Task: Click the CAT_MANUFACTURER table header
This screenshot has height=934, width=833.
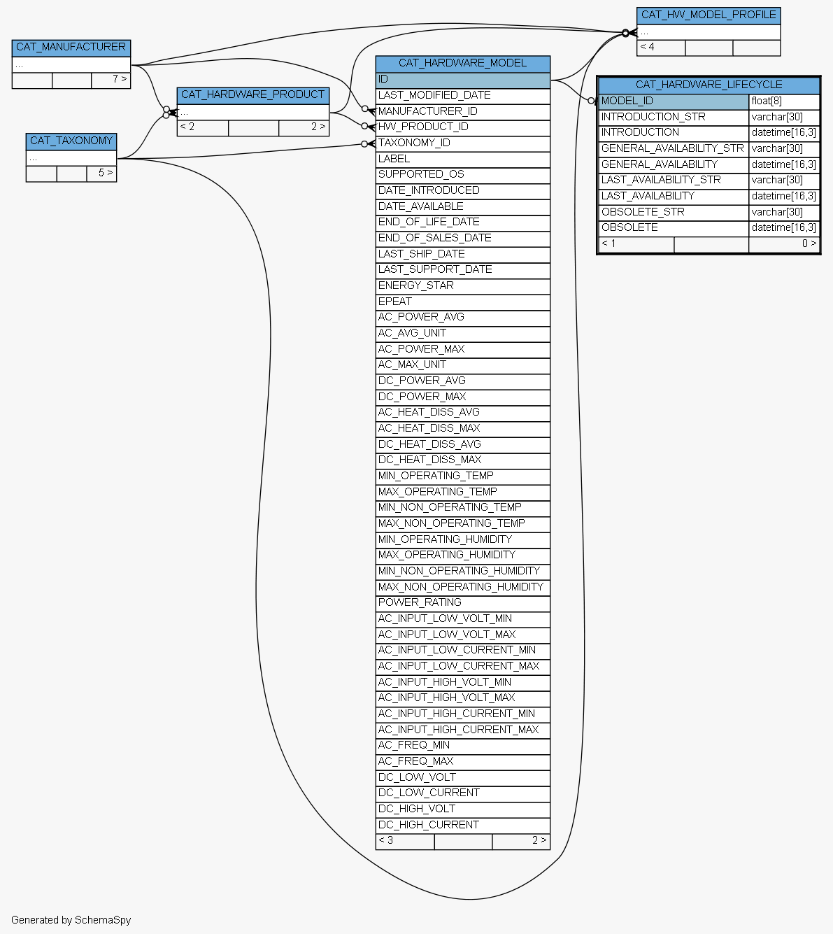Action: (71, 48)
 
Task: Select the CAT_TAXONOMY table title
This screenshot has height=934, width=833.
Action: (71, 141)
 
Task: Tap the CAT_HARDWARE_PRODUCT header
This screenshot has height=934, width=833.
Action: (252, 95)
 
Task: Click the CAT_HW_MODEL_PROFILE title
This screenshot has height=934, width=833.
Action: (708, 15)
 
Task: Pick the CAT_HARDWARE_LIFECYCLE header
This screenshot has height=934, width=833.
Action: (709, 85)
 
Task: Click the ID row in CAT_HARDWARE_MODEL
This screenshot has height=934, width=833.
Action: (462, 80)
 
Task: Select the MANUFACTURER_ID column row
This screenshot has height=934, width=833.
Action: (462, 112)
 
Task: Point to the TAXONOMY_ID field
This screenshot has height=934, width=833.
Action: (462, 144)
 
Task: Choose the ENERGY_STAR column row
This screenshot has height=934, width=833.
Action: (462, 286)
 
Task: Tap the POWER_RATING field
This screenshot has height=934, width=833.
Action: (462, 604)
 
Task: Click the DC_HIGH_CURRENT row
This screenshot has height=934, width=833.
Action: (462, 826)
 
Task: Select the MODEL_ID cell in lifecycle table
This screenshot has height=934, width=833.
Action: (674, 102)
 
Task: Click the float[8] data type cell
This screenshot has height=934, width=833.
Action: (783, 102)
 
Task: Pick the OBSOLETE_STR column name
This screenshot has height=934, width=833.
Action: (674, 213)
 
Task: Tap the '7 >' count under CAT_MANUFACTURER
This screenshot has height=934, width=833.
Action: (111, 80)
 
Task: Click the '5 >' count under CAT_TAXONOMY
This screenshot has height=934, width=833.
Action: (101, 174)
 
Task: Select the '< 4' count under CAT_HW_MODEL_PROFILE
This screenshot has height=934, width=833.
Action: (660, 48)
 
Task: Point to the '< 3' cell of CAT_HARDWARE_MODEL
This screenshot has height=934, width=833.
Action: (405, 842)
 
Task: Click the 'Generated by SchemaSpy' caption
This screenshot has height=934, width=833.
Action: (71, 920)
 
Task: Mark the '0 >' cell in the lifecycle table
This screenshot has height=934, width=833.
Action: (783, 244)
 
